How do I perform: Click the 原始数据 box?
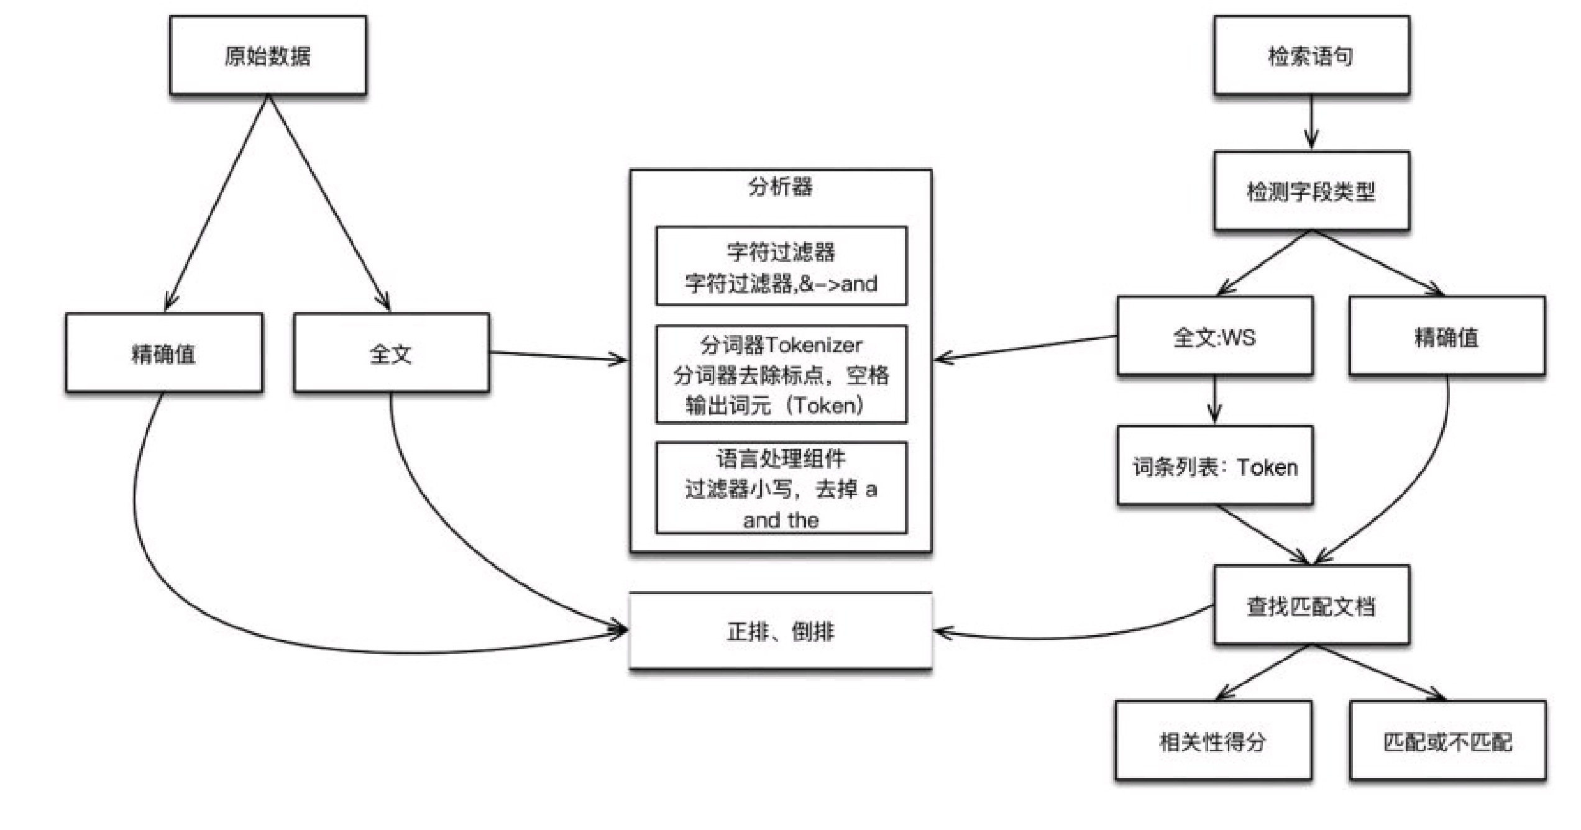(268, 56)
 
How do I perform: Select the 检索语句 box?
(1311, 56)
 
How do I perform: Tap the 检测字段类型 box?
(1311, 191)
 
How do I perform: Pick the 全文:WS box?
(1214, 337)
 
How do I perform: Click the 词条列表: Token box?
(1214, 466)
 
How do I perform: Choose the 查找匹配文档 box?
(1311, 606)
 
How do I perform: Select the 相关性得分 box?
(1213, 741)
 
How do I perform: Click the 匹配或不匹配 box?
(1447, 741)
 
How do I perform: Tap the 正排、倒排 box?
(781, 631)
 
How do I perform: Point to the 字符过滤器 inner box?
(781, 267)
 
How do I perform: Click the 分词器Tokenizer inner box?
(781, 375)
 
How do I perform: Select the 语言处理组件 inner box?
(781, 488)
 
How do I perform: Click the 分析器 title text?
(781, 186)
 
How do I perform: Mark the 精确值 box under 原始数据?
(164, 353)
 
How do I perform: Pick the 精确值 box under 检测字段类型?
(1447, 337)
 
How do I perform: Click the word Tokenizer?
(813, 345)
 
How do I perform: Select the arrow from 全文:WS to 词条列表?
(1214, 401)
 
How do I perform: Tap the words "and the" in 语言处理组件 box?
(781, 520)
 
